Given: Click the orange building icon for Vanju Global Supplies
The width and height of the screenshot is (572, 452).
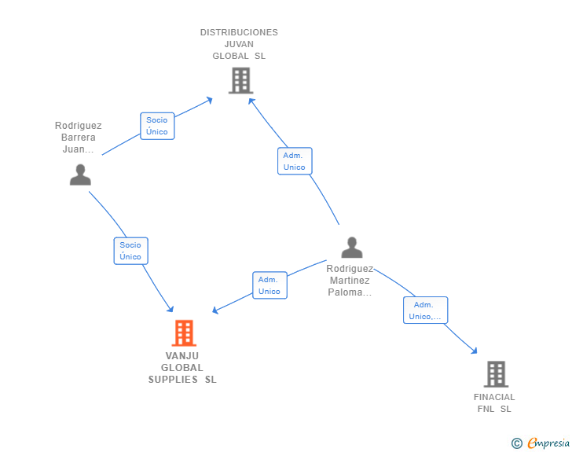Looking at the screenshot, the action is tap(184, 333).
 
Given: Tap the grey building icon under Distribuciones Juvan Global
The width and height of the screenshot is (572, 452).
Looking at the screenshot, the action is tap(240, 81).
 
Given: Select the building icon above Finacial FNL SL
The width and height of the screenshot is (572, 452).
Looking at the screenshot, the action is tap(496, 374).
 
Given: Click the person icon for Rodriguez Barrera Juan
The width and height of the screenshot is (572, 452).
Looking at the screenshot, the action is tap(80, 175).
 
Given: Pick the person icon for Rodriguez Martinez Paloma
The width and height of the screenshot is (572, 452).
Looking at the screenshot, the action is tap(352, 248).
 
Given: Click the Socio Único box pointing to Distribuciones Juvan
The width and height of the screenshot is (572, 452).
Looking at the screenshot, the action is tap(157, 126).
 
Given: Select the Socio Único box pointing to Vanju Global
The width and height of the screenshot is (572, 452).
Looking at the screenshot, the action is tap(130, 251).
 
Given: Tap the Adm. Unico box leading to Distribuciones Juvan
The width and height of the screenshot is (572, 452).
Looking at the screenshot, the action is tap(295, 161).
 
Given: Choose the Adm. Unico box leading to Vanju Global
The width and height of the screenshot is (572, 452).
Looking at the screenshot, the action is tap(269, 285).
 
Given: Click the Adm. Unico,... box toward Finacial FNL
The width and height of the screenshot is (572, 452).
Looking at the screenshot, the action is tap(425, 310).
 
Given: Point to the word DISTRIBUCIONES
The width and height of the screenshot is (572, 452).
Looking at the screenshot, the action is tap(239, 32).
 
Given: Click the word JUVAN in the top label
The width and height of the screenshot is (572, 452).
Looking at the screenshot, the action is tap(239, 44).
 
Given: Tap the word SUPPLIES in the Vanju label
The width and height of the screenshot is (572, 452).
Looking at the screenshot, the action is tap(173, 380).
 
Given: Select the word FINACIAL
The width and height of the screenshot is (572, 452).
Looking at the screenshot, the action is tap(494, 397).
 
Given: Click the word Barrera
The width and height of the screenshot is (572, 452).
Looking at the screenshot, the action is tap(79, 138).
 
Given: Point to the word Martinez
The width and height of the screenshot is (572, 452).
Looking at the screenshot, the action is tap(350, 281).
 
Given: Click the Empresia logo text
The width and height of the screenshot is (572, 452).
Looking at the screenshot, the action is tap(548, 443).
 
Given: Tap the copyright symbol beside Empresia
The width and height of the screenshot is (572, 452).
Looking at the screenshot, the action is tap(516, 443).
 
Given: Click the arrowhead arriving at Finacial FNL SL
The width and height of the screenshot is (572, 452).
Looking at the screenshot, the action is tap(475, 351).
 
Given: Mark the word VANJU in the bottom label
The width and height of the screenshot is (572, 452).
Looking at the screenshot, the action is tap(182, 356).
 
